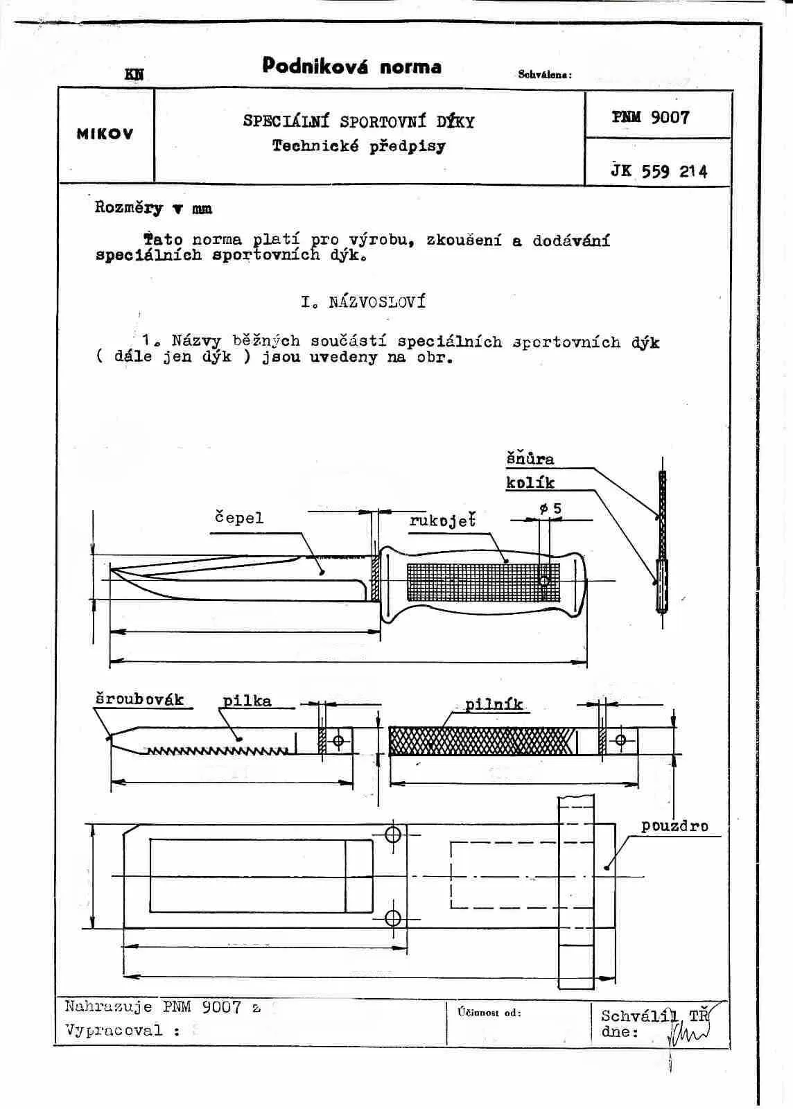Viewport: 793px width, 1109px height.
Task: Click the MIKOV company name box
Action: click(x=105, y=134)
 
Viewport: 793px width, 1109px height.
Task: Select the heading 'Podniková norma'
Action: click(x=351, y=67)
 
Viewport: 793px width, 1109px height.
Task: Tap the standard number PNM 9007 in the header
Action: click(x=651, y=117)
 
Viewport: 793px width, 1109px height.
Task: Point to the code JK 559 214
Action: click(x=659, y=171)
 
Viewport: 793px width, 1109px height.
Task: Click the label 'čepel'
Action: click(x=238, y=518)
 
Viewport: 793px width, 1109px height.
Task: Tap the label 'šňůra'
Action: click(x=530, y=459)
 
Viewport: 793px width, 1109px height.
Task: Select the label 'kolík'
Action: click(x=530, y=482)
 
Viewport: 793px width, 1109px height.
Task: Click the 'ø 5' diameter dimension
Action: click(x=551, y=509)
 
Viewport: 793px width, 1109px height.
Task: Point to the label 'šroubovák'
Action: click(x=139, y=699)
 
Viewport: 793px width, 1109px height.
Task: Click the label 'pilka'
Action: click(x=247, y=701)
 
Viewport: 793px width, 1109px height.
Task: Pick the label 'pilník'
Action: click(x=494, y=705)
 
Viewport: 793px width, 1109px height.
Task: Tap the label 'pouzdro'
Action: click(x=674, y=826)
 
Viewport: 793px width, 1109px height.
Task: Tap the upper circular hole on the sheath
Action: click(x=393, y=834)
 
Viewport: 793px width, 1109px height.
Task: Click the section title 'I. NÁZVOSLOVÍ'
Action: click(x=363, y=302)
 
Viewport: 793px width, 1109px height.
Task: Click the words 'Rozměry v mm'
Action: click(x=153, y=208)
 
